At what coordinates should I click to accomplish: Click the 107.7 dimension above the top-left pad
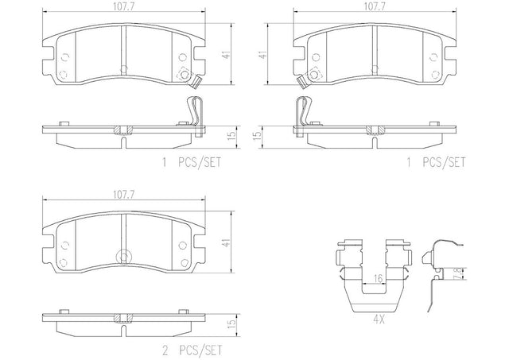tap(124, 7)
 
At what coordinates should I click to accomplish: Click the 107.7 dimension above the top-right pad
tap(375, 7)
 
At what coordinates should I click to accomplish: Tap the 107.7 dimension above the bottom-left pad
tap(124, 194)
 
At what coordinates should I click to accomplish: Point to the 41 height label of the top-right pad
tap(263, 55)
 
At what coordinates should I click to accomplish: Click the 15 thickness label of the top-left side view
tap(231, 136)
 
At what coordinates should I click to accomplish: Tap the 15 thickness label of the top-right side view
tap(257, 136)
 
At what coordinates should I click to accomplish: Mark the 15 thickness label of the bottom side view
tap(231, 323)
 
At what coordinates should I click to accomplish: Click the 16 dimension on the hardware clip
tap(379, 278)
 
